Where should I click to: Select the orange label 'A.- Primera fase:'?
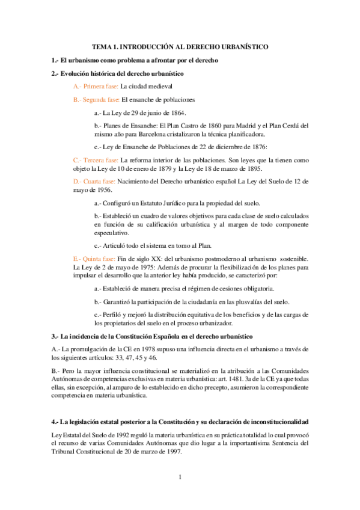(x=95, y=86)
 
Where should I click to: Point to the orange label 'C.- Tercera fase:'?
(x=96, y=161)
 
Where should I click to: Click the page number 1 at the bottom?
(x=180, y=478)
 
